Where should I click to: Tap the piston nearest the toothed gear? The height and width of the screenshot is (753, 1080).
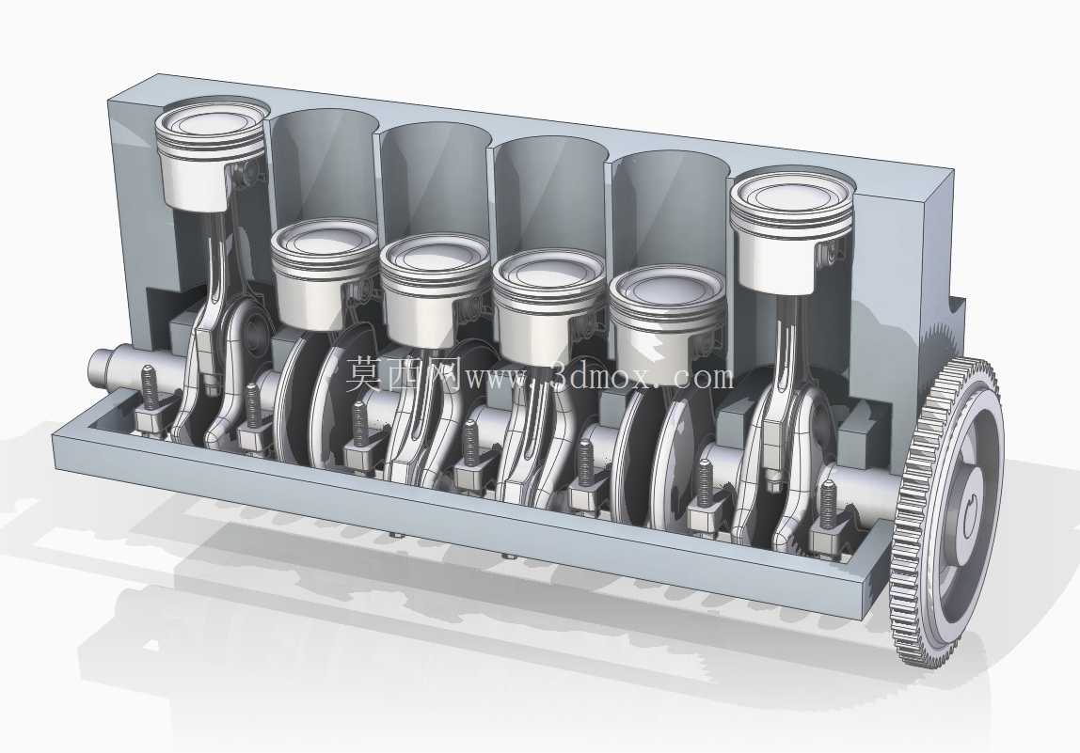pos(791,233)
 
